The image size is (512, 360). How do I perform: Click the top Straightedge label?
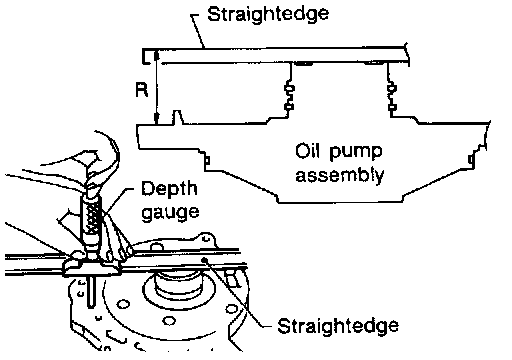click(268, 15)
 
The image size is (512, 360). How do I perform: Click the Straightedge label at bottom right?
click(338, 326)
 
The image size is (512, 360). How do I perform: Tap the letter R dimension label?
click(142, 90)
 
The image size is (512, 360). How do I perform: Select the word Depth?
click(169, 190)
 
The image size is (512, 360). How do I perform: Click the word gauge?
click(170, 212)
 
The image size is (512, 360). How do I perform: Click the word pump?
click(355, 152)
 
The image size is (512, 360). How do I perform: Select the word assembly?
click(340, 174)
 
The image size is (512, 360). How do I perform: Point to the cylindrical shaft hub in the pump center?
click(178, 282)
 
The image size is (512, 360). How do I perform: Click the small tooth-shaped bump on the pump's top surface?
click(177, 117)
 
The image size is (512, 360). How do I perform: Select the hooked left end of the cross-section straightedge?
click(146, 56)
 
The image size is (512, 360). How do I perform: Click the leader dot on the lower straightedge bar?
click(205, 260)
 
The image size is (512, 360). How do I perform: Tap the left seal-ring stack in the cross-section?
click(289, 97)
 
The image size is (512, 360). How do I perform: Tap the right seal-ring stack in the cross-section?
click(392, 97)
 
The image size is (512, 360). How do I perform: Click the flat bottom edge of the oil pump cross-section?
click(340, 202)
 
